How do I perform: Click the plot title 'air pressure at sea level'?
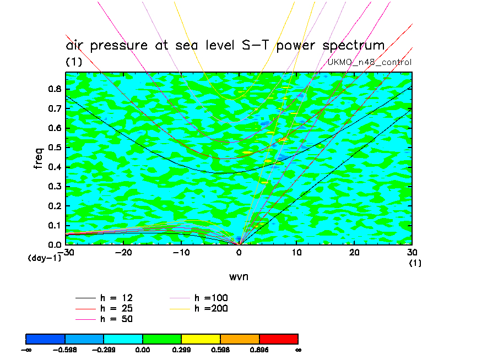225,45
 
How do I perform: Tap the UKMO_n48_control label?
369,62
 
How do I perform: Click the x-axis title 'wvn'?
239,276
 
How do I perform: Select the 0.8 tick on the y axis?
55,90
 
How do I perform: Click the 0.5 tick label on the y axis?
55,148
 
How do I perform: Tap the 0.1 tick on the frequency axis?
55,225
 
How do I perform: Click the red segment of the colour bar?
278,339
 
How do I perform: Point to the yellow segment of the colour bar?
201,339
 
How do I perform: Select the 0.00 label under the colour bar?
143,349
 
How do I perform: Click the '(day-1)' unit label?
44,258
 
